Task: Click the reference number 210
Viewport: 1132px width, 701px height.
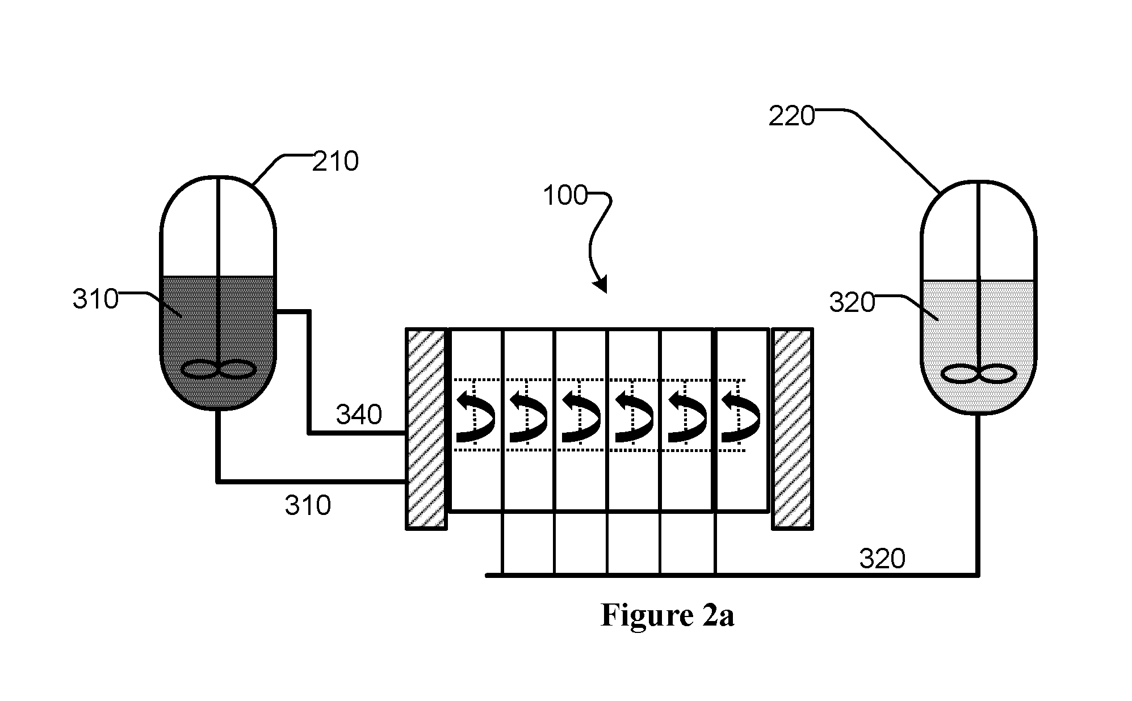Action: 336,162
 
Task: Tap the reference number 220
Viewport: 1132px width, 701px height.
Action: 792,117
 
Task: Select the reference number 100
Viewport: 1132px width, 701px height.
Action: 565,196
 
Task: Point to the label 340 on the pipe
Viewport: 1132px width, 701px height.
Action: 359,415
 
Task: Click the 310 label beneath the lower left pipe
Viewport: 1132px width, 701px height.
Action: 308,505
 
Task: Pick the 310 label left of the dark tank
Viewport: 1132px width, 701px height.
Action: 95,299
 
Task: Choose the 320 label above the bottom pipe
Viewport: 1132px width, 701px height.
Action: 882,559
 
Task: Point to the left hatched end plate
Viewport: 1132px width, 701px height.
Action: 426,429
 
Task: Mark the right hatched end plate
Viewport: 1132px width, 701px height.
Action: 793,429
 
